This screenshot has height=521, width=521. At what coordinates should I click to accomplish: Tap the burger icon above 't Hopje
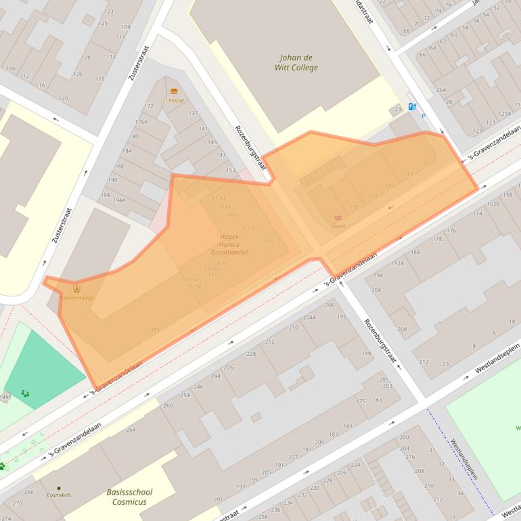tap(174, 91)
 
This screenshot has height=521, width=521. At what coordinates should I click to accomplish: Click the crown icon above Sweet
tap(338, 217)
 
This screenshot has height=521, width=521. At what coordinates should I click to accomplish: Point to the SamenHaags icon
tap(76, 290)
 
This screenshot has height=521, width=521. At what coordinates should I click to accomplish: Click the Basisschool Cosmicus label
tap(129, 497)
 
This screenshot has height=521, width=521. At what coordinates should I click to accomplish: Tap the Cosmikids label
tap(59, 495)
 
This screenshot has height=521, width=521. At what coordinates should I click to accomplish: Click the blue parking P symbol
tap(424, 116)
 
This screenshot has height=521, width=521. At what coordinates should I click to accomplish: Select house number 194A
tap(119, 200)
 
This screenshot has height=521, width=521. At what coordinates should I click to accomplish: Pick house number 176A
tap(141, 122)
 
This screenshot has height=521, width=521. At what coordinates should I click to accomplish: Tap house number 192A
tap(397, 264)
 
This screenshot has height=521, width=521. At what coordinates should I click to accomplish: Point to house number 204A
tap(309, 317)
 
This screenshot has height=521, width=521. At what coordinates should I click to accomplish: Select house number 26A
tap(441, 90)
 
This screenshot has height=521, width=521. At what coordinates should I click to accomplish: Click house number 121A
tap(504, 114)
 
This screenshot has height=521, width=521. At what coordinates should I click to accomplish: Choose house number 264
tap(131, 430)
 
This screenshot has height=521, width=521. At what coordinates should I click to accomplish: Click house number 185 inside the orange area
tap(155, 330)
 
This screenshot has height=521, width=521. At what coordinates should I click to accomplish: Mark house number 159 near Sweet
tap(355, 207)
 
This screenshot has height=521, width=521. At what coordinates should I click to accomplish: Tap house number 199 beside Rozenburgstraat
tap(367, 353)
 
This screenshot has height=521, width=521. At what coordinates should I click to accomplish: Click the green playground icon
tap(25, 392)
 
